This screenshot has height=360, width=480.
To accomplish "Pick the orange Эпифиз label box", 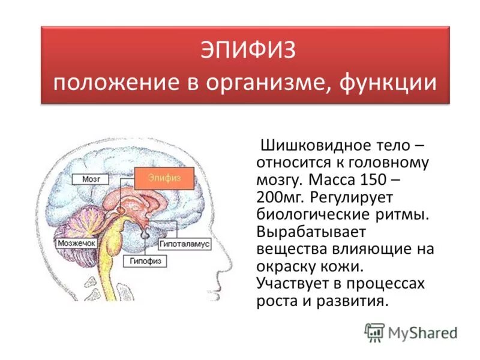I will (164, 178).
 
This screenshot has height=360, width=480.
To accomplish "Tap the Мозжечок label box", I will (77, 244).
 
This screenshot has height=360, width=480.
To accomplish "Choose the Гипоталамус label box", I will (184, 244).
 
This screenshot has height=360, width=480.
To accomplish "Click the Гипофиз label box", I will (145, 262).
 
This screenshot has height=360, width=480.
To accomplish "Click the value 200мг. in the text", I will (281, 197).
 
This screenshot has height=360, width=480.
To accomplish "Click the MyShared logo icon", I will (374, 331).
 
